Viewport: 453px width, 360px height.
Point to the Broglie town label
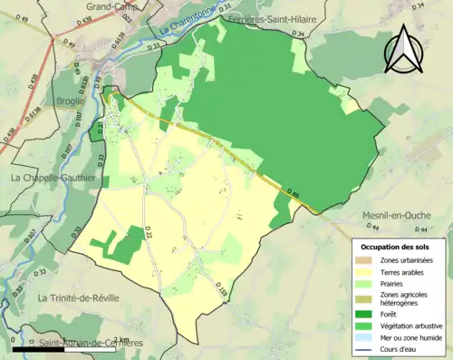click(x=70, y=101)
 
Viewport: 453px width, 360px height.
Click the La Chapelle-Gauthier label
click(x=53, y=178)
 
